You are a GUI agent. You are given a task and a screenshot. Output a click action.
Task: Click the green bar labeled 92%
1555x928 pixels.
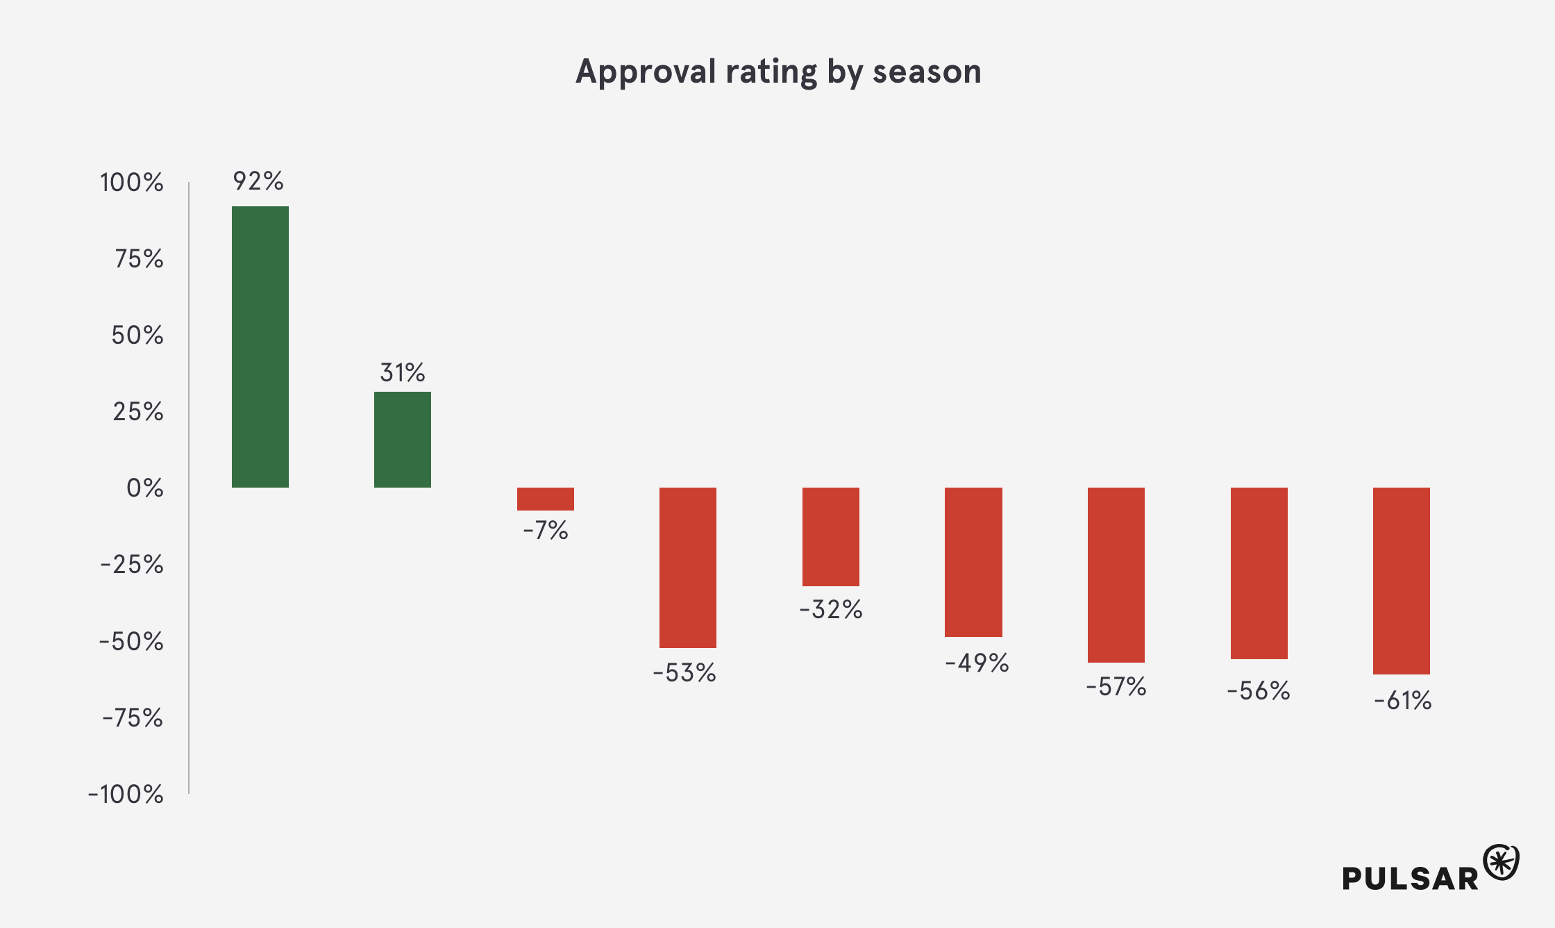click(260, 347)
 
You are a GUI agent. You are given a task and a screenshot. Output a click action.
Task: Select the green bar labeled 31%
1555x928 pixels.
click(403, 439)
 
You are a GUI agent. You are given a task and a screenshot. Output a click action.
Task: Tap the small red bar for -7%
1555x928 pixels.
click(546, 499)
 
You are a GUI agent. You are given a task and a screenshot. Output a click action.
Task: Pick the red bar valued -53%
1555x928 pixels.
click(688, 567)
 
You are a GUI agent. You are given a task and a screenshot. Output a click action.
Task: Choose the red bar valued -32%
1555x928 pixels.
click(831, 536)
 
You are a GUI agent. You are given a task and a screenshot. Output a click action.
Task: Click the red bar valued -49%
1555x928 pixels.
click(973, 562)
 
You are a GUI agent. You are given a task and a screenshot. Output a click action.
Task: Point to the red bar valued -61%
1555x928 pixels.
click(1402, 581)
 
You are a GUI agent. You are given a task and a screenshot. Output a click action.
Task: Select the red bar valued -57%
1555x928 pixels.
click(1116, 574)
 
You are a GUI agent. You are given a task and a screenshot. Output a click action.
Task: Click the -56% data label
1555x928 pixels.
click(1259, 691)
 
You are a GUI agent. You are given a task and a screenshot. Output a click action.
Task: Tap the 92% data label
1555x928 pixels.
click(258, 181)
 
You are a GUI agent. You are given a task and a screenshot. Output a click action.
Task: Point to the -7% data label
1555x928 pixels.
click(546, 531)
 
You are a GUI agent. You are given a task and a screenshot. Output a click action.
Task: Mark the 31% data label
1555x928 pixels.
click(403, 373)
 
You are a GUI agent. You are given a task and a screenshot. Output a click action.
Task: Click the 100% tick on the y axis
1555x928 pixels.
click(132, 183)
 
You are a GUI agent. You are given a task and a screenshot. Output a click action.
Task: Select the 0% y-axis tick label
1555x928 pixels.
click(144, 488)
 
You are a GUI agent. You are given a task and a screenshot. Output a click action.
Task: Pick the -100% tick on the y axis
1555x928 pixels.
click(126, 794)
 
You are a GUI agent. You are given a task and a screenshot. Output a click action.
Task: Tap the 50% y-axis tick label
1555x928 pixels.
click(137, 335)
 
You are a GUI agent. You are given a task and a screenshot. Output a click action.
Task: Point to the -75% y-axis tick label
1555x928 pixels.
click(133, 718)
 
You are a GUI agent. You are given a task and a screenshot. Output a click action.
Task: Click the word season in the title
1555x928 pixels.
click(927, 72)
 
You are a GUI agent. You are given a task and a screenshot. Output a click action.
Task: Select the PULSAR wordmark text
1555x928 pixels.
click(1410, 879)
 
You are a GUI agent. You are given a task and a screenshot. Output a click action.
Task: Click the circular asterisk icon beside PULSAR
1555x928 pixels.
click(1501, 863)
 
